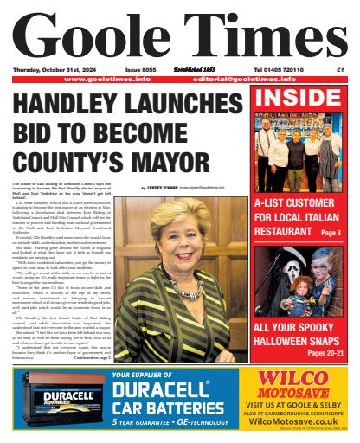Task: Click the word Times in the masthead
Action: tap(260, 35)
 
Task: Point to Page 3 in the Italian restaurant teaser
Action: tap(331, 233)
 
